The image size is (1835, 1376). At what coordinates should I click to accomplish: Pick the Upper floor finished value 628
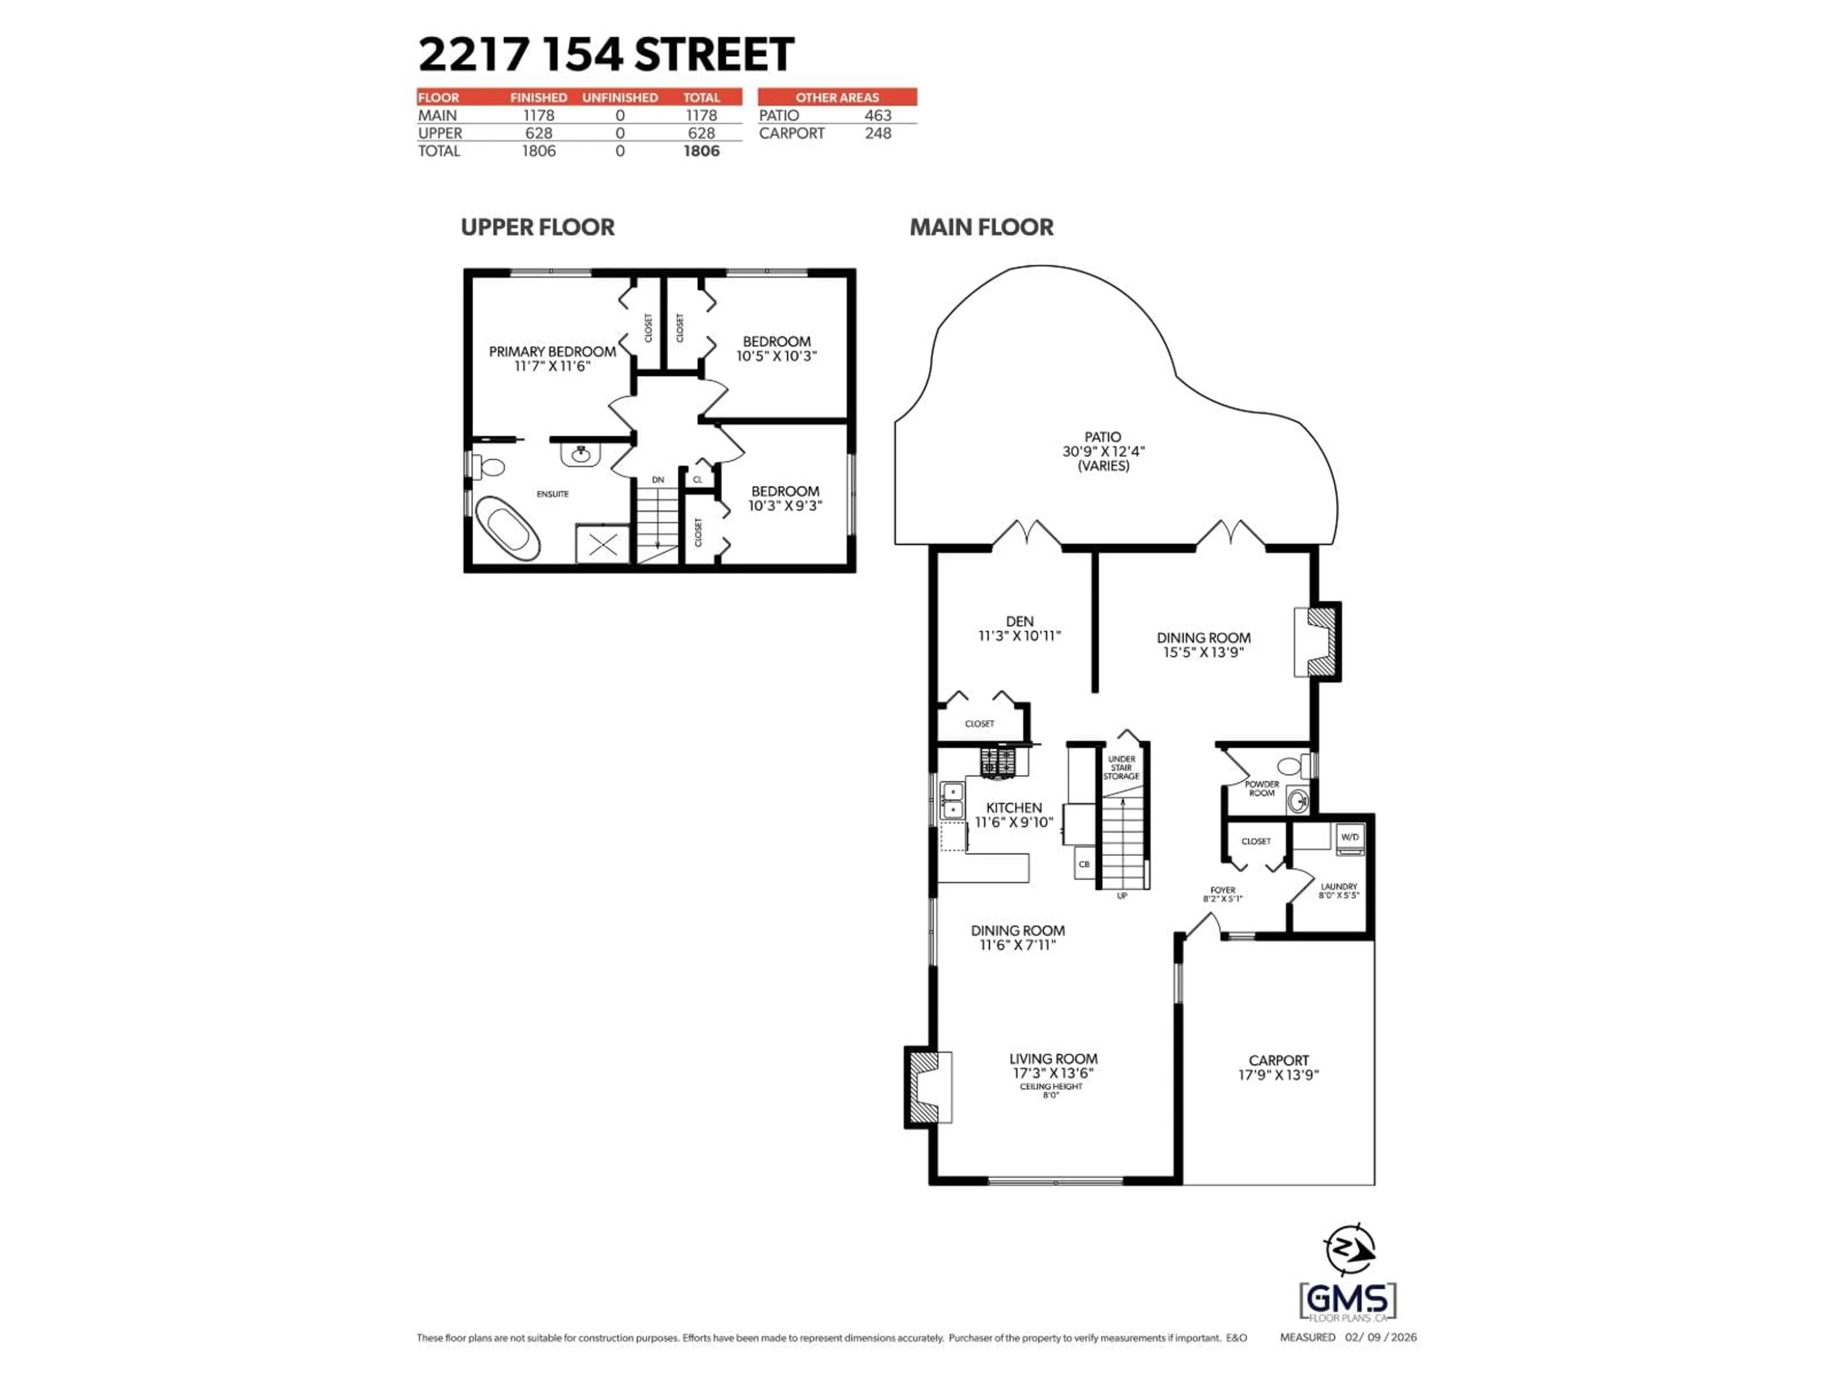pos(539,133)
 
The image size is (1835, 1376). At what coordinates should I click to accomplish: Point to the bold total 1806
pos(701,151)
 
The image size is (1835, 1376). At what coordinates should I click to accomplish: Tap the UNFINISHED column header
pos(620,97)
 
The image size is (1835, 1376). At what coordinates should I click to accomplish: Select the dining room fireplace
pos(1317,643)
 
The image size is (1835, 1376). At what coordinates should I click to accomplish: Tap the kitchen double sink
pos(951,799)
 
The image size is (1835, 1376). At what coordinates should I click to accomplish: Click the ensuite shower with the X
pos(603,544)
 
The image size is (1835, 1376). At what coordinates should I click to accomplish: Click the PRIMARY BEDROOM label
pos(551,352)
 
